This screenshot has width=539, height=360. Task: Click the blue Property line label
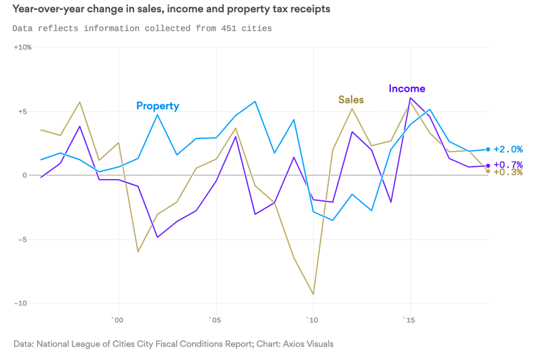click(157, 106)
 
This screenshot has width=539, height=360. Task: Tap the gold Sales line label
click(351, 100)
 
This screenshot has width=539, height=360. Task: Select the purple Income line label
click(407, 89)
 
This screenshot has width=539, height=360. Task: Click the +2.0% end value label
click(508, 149)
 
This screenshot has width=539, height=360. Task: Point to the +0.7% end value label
click(508, 165)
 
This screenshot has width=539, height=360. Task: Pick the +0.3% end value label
click(508, 172)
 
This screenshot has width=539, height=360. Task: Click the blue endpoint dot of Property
click(488, 149)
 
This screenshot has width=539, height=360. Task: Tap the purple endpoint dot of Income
click(488, 166)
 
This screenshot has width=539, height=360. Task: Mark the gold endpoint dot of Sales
click(488, 171)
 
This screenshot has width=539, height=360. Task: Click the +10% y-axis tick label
click(22, 47)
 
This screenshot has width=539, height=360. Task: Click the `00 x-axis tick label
click(117, 319)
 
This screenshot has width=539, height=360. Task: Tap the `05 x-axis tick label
click(214, 319)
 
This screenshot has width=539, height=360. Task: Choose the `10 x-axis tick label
click(311, 319)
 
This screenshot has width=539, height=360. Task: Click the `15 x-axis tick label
click(409, 319)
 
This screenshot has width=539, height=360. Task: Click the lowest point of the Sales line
click(313, 294)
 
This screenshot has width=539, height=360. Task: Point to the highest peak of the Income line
click(410, 98)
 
